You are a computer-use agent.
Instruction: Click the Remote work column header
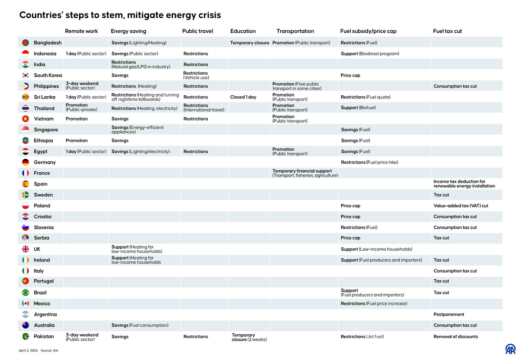click(81, 31)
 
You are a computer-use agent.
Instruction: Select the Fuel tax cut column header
click(447, 31)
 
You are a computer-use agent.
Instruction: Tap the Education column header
click(243, 31)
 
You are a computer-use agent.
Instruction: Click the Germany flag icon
click(26, 162)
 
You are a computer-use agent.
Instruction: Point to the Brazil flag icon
click(26, 293)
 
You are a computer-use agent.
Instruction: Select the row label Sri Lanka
click(44, 97)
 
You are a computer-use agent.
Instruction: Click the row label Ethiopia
click(43, 141)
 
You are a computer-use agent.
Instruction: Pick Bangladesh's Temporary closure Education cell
click(249, 43)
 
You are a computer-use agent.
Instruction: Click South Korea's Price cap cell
click(350, 76)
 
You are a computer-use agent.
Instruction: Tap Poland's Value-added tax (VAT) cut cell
click(460, 206)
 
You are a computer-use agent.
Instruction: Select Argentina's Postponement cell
click(449, 315)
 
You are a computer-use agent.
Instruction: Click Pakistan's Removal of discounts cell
click(455, 337)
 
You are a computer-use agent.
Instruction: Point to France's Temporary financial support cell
click(305, 173)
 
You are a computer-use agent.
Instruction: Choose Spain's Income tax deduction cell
click(464, 184)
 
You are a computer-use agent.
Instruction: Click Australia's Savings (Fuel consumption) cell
click(140, 325)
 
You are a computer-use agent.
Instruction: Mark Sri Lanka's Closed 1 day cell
click(243, 97)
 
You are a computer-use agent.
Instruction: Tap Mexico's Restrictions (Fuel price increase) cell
click(374, 304)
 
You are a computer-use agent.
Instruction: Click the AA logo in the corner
click(510, 349)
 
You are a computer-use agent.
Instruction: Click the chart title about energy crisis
click(120, 15)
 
